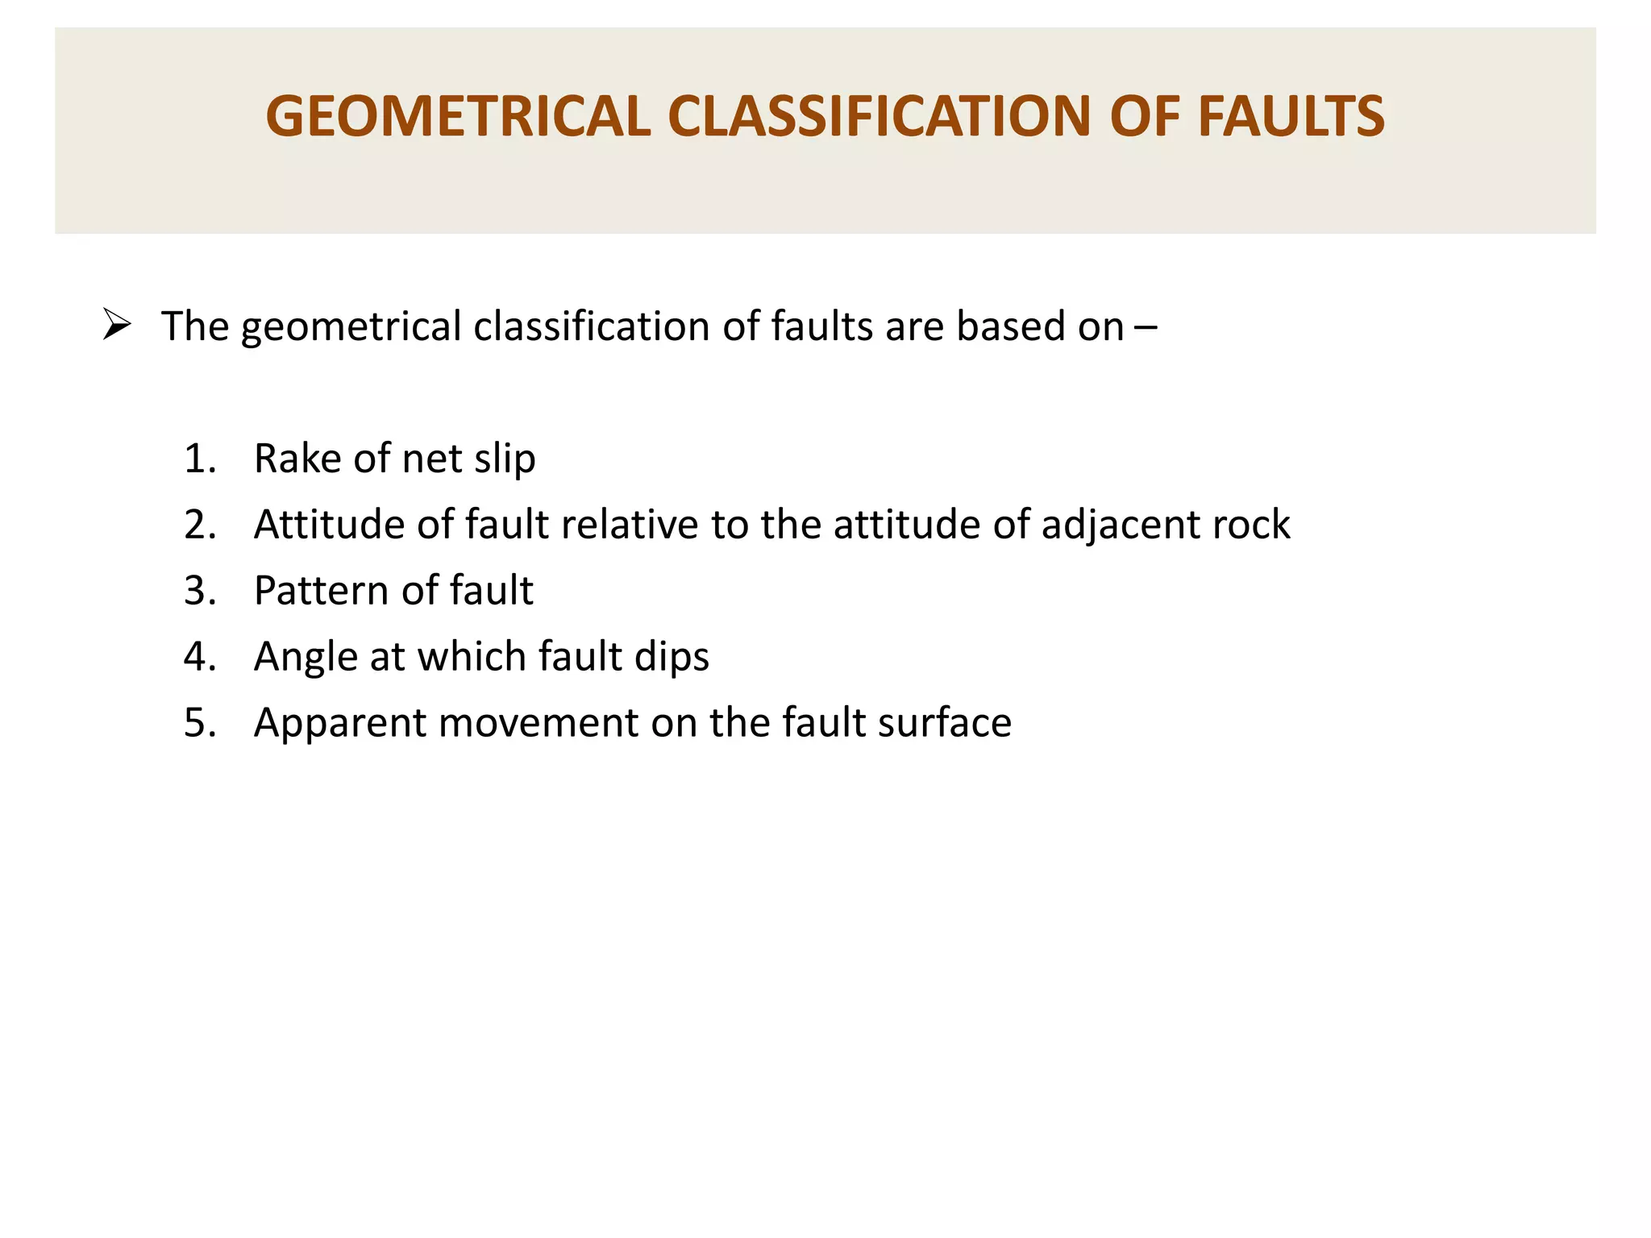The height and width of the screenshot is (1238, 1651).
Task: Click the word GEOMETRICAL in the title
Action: point(458,117)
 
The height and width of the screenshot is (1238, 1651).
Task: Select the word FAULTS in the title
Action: point(1291,117)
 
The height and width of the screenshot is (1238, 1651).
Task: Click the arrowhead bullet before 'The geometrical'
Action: point(117,325)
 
